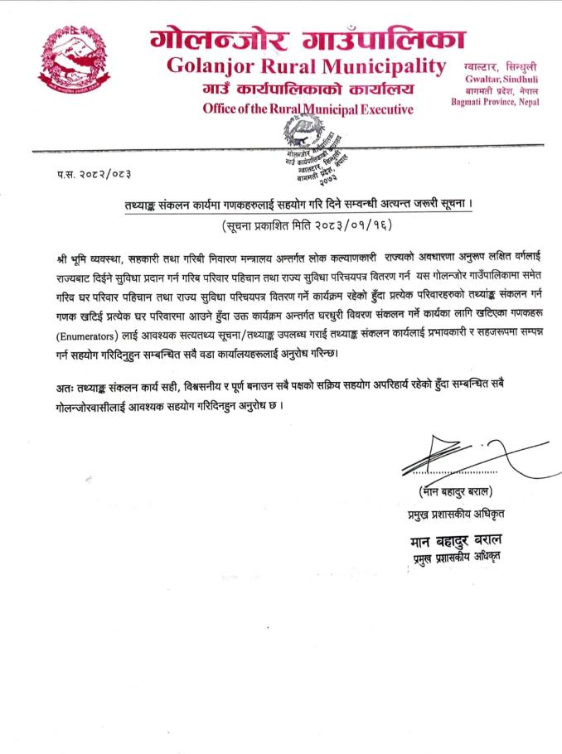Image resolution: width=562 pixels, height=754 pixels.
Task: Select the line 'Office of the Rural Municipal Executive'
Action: click(x=308, y=109)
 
